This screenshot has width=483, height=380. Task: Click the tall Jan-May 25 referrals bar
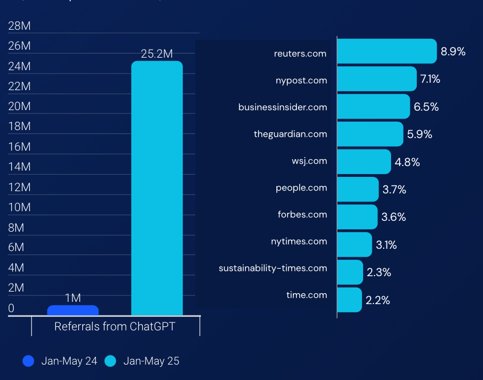coord(157,188)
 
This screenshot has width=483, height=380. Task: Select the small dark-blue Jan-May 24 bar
coord(73,310)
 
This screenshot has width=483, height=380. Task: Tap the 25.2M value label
coord(157,54)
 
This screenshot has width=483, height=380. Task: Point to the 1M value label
coord(73,298)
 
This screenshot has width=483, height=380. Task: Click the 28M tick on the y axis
coord(19,26)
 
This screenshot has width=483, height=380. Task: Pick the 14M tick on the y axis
coord(19,167)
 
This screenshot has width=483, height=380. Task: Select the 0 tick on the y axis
coord(11,308)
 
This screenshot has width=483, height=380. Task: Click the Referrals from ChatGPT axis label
coord(115,327)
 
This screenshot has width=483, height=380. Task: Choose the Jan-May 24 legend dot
coord(29,361)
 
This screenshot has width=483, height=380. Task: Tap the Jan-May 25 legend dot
coord(110,361)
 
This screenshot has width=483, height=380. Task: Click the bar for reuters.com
coord(387,51)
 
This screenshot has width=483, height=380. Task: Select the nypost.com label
coord(301,80)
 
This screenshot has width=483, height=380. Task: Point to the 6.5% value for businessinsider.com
coord(426,107)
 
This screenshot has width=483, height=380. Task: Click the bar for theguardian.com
coord(370,134)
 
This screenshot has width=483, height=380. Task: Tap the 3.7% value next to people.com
coord(394,189)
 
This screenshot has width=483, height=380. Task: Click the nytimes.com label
coord(299,241)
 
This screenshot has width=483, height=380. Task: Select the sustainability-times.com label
coord(273,268)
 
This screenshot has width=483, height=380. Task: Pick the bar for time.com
coord(349,300)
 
